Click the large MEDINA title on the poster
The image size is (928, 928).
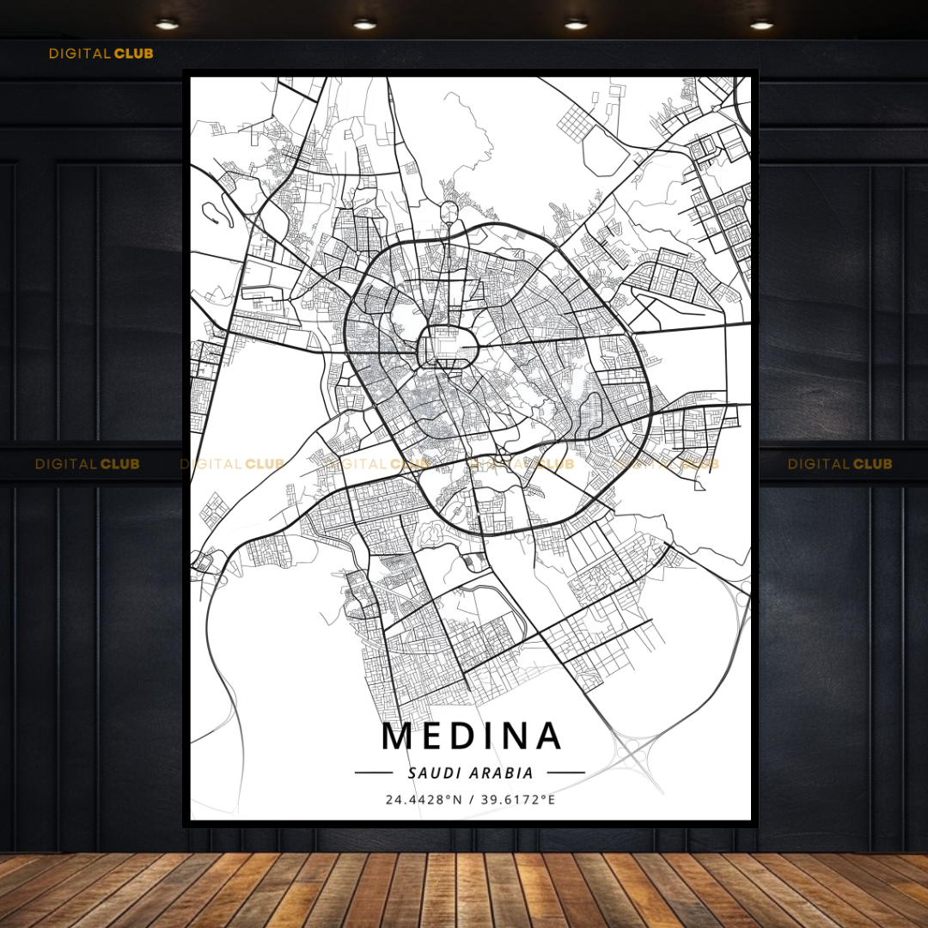pos(471,736)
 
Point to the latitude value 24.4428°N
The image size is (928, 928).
pos(424,800)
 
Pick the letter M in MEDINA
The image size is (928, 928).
pos(398,736)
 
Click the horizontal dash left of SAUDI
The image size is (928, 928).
pos(374,772)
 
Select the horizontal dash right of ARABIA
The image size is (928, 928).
pos(565,772)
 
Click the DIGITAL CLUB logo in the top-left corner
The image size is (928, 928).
pos(101,53)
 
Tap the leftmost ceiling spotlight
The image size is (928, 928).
pos(167,24)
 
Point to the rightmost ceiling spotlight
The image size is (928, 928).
pos(761,24)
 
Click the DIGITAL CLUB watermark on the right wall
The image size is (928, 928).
pos(839,464)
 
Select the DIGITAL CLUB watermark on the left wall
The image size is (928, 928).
pos(87,464)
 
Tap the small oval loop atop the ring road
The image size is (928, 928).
pos(449,211)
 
